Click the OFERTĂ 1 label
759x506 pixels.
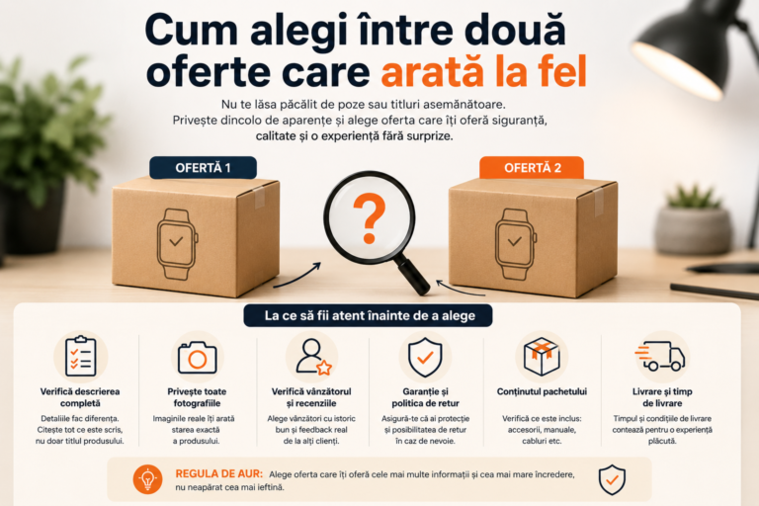click(x=203, y=168)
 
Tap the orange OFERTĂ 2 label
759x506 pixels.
click(x=532, y=168)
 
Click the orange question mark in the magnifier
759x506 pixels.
click(x=370, y=217)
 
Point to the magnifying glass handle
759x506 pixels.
click(x=413, y=277)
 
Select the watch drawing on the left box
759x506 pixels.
click(x=177, y=244)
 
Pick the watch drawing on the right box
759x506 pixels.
click(x=515, y=244)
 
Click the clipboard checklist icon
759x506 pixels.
click(x=81, y=357)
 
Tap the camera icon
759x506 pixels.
click(x=197, y=358)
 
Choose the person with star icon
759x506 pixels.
click(x=313, y=357)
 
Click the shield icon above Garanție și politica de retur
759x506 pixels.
click(x=425, y=358)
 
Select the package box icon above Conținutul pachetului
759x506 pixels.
click(x=542, y=357)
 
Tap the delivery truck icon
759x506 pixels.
click(x=660, y=357)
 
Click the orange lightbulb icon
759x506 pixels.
click(x=147, y=479)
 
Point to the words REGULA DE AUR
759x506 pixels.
click(x=218, y=474)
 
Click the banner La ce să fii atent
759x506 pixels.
click(x=368, y=315)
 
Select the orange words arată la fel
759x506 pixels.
click(x=484, y=72)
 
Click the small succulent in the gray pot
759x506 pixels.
click(x=694, y=196)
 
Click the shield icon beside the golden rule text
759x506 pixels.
click(x=612, y=480)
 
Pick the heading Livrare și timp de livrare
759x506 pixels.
click(x=662, y=397)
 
